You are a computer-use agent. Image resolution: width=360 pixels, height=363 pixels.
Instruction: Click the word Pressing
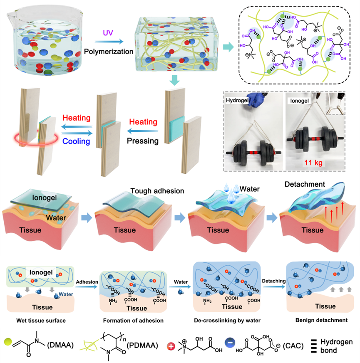click(142, 141)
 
